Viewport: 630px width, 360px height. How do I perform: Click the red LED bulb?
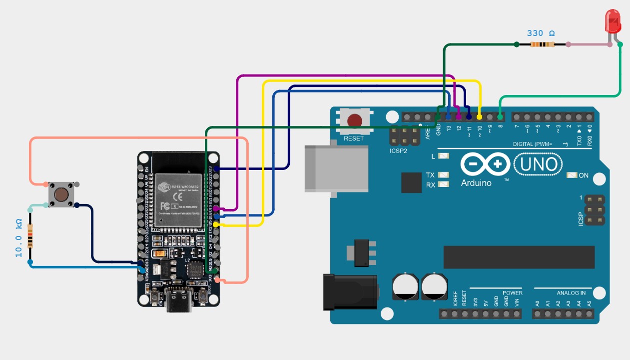pos(613,21)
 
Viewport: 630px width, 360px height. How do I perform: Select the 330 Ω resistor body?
pos(542,44)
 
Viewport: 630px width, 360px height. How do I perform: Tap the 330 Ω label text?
pos(541,33)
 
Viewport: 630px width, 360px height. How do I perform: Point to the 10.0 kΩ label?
pos(19,238)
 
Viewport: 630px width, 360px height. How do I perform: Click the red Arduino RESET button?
pos(355,120)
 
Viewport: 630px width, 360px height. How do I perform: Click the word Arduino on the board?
pos(476,183)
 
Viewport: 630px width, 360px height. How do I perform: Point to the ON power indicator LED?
pos(572,175)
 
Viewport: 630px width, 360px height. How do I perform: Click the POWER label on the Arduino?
pos(512,292)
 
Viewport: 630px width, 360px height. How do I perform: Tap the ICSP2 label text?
pos(399,150)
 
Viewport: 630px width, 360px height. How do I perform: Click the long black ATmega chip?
pos(519,257)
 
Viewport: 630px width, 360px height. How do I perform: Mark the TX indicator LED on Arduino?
pos(443,175)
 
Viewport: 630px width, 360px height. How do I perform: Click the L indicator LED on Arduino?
pos(443,156)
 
